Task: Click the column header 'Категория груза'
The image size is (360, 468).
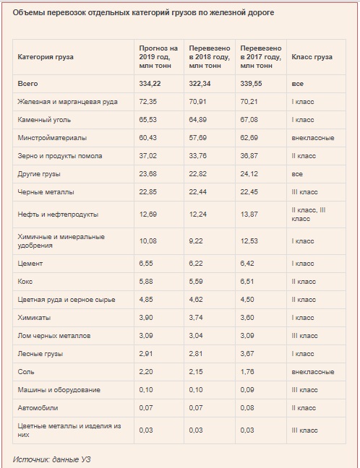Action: pos(46,57)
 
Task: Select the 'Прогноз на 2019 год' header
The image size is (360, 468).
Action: pos(158,53)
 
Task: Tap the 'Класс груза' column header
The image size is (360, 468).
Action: pos(312,57)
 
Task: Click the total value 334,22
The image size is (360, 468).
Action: pos(150,84)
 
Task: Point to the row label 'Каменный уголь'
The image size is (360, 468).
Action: pos(44,120)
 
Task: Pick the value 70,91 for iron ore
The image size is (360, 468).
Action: pos(197,102)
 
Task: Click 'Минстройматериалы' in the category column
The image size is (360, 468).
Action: pos(52,138)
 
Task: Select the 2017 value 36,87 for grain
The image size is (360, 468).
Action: pos(249,156)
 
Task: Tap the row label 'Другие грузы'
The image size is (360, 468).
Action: pos(39,174)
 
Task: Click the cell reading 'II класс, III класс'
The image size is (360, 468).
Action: pos(309,214)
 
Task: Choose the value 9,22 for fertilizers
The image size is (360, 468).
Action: pos(196,241)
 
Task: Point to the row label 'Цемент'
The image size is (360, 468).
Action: pos(30,264)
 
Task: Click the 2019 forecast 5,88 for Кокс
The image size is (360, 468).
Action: pos(146,282)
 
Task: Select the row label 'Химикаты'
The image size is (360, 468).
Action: pos(34,318)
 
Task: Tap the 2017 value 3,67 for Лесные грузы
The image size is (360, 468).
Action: pos(247,354)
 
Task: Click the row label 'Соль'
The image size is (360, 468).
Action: pos(26,372)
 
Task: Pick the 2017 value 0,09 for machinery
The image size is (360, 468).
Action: pos(247,390)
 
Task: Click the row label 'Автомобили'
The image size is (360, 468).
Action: pos(38,408)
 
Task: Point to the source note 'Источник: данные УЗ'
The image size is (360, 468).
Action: pos(51,459)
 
